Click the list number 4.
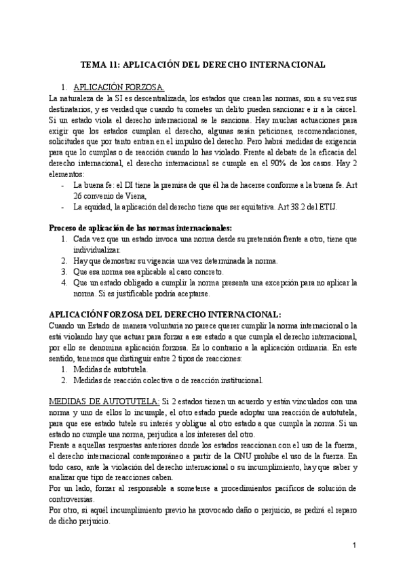click(x=64, y=281)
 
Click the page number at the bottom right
click(x=355, y=546)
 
